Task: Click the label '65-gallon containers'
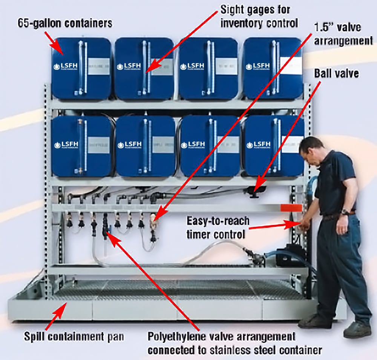(65, 23)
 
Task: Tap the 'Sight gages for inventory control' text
(259, 15)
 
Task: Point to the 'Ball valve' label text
(336, 73)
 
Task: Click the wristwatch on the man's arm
(345, 212)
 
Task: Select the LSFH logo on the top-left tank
(66, 66)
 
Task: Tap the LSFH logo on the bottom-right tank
(258, 145)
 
